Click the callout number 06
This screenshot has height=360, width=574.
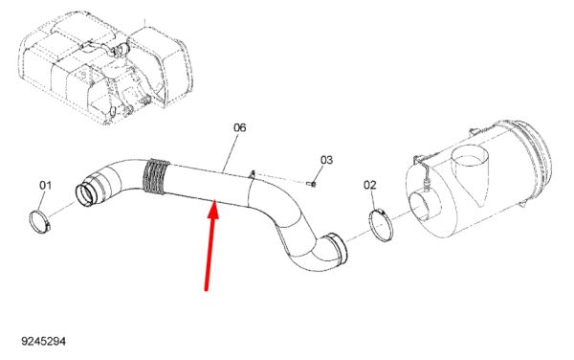point(240,127)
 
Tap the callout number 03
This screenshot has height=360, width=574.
point(326,160)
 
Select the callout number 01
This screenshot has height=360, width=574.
point(45,186)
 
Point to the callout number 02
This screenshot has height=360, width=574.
point(369,185)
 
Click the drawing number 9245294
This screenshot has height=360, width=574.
point(44,341)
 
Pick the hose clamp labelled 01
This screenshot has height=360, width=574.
point(39,221)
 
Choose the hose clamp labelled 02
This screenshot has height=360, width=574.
point(381,225)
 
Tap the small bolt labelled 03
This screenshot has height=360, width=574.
point(312,184)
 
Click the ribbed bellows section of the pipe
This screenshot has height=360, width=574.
point(156,176)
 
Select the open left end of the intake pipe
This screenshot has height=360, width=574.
point(86,194)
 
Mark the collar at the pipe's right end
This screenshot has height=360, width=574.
point(338,249)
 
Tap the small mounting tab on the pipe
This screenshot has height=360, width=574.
point(253,174)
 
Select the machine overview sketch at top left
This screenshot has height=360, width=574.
point(105,68)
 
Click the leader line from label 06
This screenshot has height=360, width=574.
point(231,154)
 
